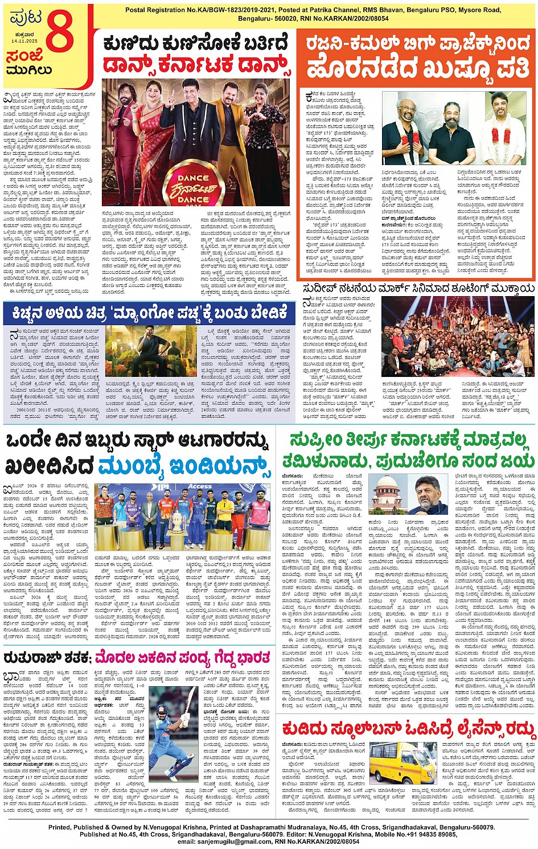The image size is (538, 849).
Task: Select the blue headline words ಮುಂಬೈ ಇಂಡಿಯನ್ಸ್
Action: (183, 466)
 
